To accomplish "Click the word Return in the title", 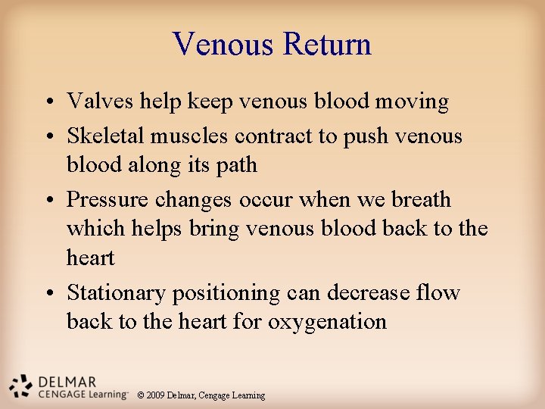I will [327, 44].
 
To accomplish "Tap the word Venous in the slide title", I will [224, 44].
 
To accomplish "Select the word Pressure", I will [107, 200].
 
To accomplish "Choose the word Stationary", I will [116, 293].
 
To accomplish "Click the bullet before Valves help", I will [48, 102].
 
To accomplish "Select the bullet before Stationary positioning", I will [48, 294].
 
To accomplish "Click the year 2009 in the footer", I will [156, 395].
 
